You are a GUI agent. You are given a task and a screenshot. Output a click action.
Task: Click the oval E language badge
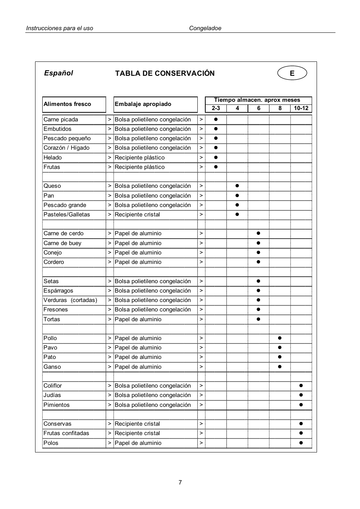[x=292, y=73]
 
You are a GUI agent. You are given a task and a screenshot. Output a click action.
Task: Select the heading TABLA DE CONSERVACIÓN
[x=165, y=74]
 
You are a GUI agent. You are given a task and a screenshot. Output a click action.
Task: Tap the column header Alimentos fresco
[x=68, y=104]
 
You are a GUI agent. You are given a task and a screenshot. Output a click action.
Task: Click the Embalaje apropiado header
[x=143, y=104]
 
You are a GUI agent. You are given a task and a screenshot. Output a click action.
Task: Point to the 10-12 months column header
[x=301, y=108]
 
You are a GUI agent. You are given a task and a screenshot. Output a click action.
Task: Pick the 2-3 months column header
[x=216, y=108]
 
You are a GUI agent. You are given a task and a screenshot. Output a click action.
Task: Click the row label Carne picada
[x=61, y=120]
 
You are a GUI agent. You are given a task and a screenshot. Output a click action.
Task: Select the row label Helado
[x=53, y=158]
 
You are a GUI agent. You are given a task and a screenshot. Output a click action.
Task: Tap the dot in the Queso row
[x=237, y=186]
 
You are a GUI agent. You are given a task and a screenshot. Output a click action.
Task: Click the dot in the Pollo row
[x=280, y=338]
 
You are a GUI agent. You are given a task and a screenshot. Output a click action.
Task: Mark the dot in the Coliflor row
[x=301, y=386]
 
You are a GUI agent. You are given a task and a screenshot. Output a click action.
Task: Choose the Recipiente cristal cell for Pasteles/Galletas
[x=137, y=215]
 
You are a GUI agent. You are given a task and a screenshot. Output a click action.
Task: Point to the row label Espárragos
[x=58, y=291]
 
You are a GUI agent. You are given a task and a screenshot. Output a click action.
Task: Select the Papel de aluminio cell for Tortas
[x=138, y=319]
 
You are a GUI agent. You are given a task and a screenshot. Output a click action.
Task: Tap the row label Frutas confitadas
[x=66, y=433]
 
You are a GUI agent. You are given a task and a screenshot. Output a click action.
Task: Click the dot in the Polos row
[x=301, y=443]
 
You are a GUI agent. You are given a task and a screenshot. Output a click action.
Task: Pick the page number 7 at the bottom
[x=180, y=483]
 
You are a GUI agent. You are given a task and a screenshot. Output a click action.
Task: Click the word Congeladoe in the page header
[x=205, y=28]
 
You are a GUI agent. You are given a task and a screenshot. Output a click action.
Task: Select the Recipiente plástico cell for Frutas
[x=140, y=167]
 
